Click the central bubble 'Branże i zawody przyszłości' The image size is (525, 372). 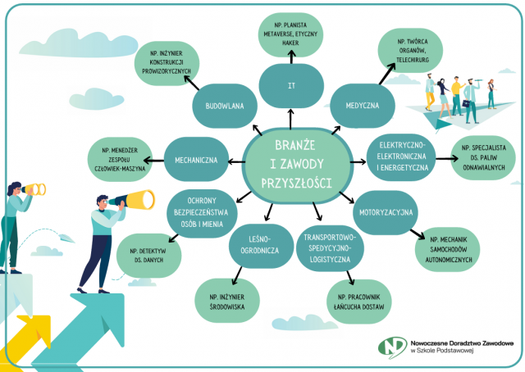click(297, 166)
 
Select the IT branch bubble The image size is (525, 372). click(291, 86)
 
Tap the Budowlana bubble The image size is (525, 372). click(225, 106)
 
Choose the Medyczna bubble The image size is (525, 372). click(363, 106)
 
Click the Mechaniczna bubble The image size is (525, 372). click(196, 160)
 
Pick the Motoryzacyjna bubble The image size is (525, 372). click(386, 212)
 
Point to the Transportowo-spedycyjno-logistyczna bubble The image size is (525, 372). click(330, 248)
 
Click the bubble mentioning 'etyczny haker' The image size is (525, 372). click(290, 34)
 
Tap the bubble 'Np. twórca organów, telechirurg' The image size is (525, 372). click(410, 51)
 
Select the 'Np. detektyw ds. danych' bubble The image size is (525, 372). click(149, 256)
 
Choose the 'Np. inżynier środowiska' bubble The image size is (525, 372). click(227, 301)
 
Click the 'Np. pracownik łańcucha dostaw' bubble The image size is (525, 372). click(359, 302)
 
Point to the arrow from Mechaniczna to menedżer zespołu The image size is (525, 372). click(153, 161)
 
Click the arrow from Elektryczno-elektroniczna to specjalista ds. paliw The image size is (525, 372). click(446, 158)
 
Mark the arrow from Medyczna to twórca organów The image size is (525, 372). click(387, 74)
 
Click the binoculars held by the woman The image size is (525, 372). click(34, 189)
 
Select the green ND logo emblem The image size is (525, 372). click(393, 347)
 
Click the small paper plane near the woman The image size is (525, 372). click(66, 238)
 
